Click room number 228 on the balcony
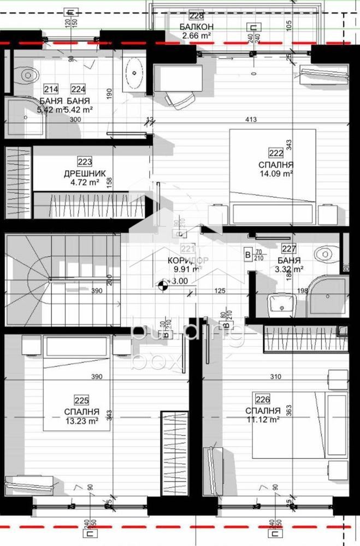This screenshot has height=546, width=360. pyautogui.click(x=196, y=16)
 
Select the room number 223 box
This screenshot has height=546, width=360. pyautogui.click(x=85, y=162)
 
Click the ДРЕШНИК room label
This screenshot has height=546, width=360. pyautogui.click(x=81, y=174)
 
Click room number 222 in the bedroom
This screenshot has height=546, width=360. pyautogui.click(x=275, y=153)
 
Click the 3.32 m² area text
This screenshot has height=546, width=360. pyautogui.click(x=290, y=269)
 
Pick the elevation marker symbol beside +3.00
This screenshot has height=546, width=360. pyautogui.click(x=162, y=283)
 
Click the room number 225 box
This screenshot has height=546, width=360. pyautogui.click(x=81, y=400)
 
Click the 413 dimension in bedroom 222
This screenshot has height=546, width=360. pyautogui.click(x=250, y=118)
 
